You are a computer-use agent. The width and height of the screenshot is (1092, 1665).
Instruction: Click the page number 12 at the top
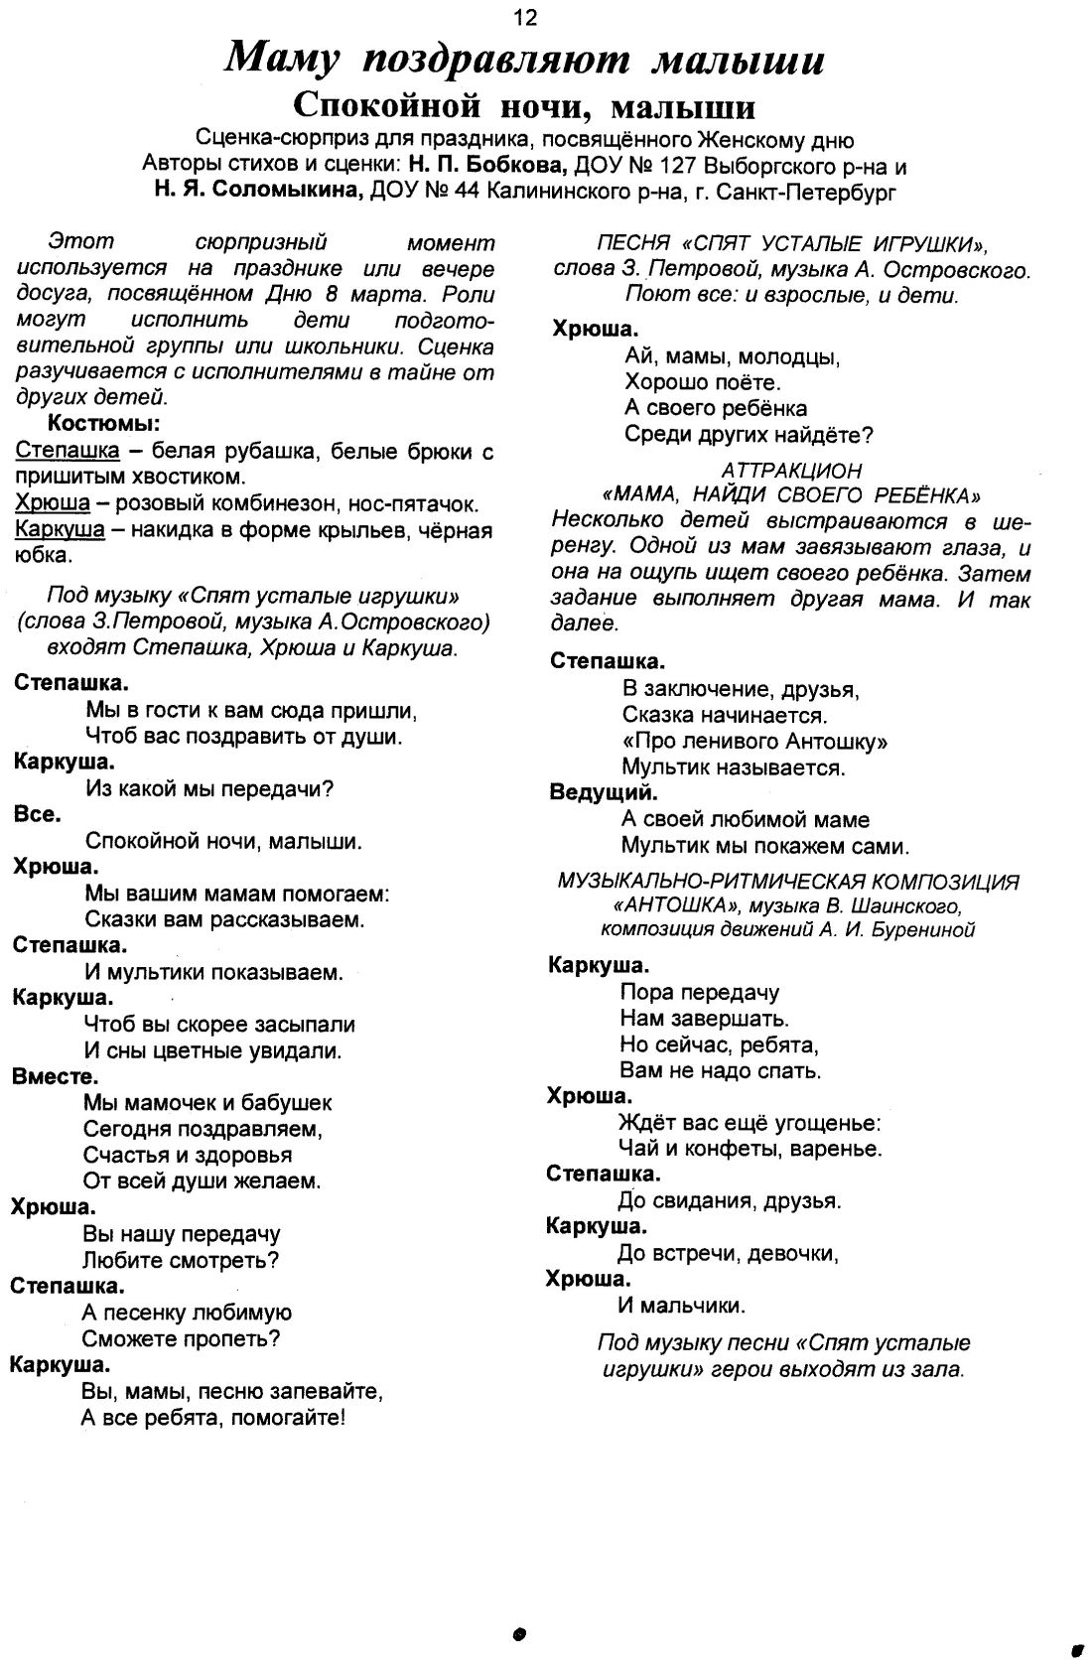click(x=525, y=17)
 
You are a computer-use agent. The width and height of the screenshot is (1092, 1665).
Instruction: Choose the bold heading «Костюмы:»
click(x=104, y=424)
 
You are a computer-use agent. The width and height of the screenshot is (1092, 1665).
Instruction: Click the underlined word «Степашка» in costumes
click(x=68, y=451)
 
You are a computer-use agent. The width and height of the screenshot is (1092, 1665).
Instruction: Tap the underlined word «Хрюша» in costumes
click(x=53, y=503)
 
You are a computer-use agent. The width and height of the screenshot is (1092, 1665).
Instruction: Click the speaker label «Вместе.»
click(x=56, y=1076)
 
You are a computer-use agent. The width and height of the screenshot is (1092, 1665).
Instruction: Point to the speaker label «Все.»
click(x=38, y=814)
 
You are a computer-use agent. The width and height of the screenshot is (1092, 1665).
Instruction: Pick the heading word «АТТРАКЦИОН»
click(x=791, y=470)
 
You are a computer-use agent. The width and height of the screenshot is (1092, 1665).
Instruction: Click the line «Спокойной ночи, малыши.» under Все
click(x=223, y=842)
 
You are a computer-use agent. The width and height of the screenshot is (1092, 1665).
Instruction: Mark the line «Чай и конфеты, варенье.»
click(x=750, y=1149)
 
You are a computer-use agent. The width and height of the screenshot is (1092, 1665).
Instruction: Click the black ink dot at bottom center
click(x=518, y=1634)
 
